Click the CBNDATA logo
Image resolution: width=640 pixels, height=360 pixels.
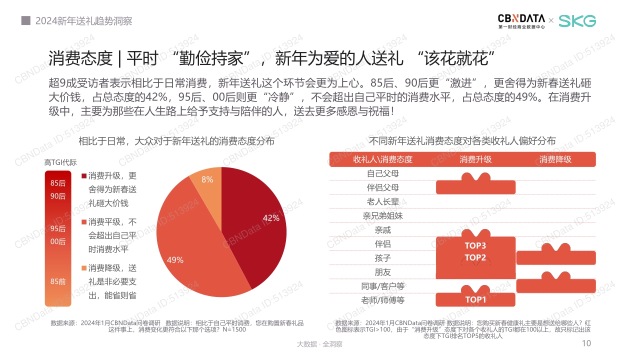[x=521, y=20]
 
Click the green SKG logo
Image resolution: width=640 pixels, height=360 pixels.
[x=577, y=21]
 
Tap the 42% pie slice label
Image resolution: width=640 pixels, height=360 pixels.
[x=271, y=217]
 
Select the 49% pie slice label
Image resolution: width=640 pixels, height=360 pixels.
[x=175, y=260]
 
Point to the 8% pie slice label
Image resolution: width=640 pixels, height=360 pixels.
[x=207, y=179]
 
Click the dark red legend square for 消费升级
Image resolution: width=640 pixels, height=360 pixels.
[x=84, y=176]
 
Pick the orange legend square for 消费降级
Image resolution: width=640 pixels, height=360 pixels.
[x=84, y=267]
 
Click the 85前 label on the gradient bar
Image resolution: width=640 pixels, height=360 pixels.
[x=58, y=281]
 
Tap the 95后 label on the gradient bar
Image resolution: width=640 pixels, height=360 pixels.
[x=58, y=229]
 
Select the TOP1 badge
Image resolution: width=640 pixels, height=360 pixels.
[x=475, y=299]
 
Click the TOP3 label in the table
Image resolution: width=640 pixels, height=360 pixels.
[x=475, y=245]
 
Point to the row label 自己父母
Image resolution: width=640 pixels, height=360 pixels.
[x=382, y=173]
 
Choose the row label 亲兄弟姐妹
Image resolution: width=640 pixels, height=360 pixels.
[x=382, y=216]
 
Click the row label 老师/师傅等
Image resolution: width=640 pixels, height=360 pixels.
[x=382, y=300]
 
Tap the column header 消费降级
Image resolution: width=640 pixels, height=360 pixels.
[x=555, y=159]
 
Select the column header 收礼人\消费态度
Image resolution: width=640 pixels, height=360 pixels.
[x=382, y=159]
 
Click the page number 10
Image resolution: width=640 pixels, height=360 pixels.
[x=586, y=343]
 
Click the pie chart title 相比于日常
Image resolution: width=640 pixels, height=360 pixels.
[x=176, y=141]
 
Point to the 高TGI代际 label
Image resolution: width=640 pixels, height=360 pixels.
[x=60, y=162]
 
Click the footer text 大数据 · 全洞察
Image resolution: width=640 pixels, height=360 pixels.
[x=319, y=344]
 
